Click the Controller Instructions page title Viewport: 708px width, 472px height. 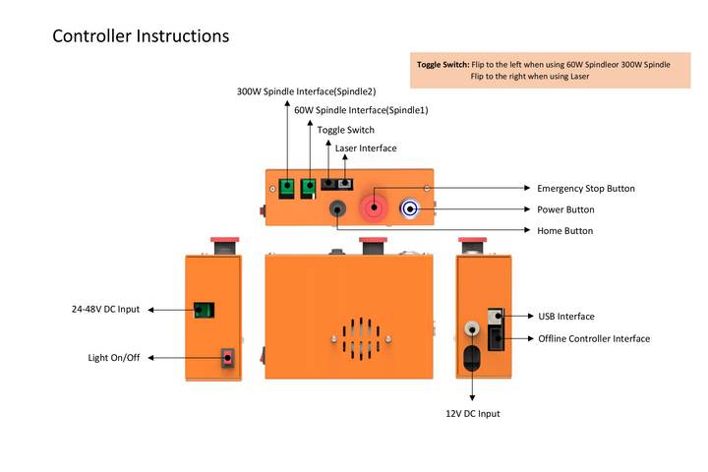141,36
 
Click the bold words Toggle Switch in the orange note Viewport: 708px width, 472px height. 442,64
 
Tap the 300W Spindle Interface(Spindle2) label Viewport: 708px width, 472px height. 306,91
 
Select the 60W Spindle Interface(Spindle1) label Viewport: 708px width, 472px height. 361,110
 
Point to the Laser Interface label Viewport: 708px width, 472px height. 366,148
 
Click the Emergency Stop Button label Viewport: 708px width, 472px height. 585,188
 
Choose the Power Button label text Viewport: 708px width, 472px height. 565,209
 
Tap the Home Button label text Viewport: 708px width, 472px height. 564,230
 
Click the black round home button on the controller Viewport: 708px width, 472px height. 338,207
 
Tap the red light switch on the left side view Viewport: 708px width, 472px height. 228,358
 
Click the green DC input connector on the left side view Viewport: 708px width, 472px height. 205,311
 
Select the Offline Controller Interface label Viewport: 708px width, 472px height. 594,338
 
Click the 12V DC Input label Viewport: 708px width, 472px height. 472,413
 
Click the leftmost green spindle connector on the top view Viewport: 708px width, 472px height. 287,185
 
